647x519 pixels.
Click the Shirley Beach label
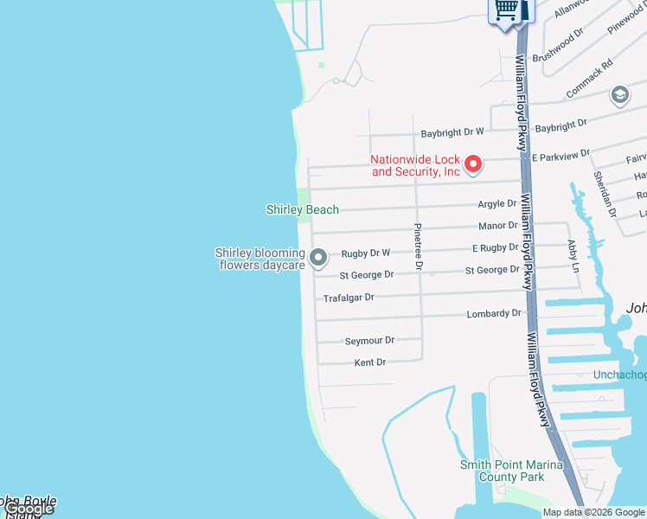click(x=302, y=209)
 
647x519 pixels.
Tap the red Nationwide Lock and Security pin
click(x=473, y=163)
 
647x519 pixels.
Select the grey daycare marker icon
click(x=318, y=257)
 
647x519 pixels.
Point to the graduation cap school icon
click(x=619, y=94)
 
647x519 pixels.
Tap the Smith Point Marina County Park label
click(x=510, y=471)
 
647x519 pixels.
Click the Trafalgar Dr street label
click(x=349, y=298)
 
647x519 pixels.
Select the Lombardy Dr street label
click(x=495, y=313)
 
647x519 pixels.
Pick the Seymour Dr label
click(x=369, y=341)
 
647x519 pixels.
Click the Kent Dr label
click(x=370, y=362)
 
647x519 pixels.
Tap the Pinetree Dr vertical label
click(x=418, y=247)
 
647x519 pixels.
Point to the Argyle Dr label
click(x=497, y=204)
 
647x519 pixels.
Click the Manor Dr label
click(x=498, y=226)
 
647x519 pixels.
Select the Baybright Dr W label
click(x=452, y=133)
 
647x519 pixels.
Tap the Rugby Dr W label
click(x=366, y=253)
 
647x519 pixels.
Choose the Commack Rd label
click(x=589, y=78)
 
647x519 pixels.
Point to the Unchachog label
click(x=619, y=375)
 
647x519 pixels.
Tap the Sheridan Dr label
click(x=604, y=193)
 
